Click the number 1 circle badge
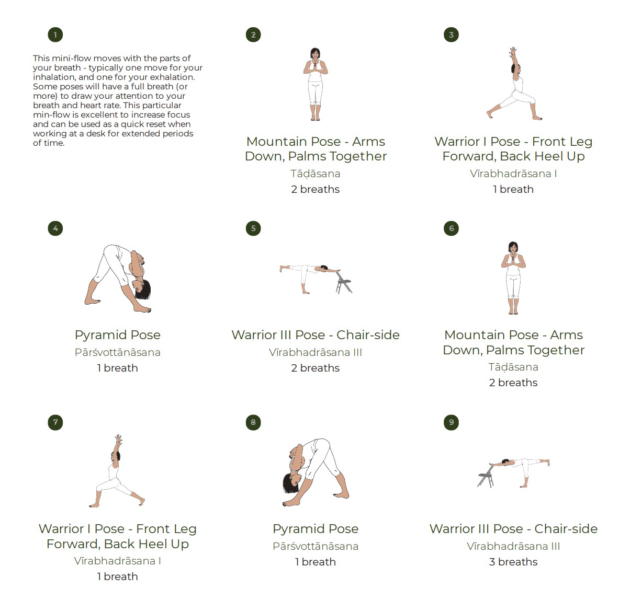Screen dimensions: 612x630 click(55, 35)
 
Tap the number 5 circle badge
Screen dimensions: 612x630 click(253, 228)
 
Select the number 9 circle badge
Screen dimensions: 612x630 click(451, 422)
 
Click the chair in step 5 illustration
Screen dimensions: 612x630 click(343, 283)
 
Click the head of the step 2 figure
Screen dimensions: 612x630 click(315, 54)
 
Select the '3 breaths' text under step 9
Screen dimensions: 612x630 click(513, 562)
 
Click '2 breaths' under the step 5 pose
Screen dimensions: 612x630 click(315, 368)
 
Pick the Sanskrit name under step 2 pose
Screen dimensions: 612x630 click(315, 174)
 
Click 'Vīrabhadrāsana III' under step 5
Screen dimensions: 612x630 click(315, 352)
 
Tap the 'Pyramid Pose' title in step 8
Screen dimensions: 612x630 click(315, 529)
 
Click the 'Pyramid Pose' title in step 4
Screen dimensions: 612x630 click(117, 335)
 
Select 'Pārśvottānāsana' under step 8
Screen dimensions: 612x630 click(315, 546)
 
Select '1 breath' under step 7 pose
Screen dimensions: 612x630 click(117, 576)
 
